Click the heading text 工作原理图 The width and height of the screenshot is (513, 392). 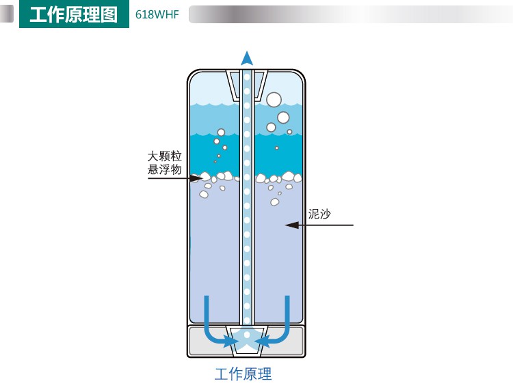pyautogui.click(x=73, y=15)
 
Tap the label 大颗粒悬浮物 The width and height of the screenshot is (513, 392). pyautogui.click(x=165, y=163)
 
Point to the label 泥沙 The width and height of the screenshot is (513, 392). pyautogui.click(x=319, y=214)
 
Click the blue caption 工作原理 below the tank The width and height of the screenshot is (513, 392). pyautogui.click(x=243, y=374)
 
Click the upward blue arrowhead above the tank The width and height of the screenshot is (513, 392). pyautogui.click(x=247, y=58)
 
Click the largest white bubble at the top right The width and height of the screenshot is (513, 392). pyautogui.click(x=274, y=100)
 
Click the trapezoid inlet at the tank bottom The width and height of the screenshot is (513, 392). pyautogui.click(x=247, y=340)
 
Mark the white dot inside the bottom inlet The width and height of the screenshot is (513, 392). pyautogui.click(x=247, y=335)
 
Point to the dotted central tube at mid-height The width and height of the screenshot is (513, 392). pyautogui.click(x=247, y=205)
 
